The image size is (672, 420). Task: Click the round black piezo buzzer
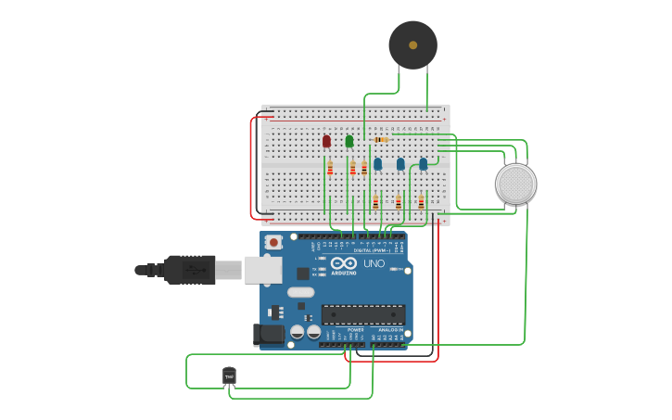412,45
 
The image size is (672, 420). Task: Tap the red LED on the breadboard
326,141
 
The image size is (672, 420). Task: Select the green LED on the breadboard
349,141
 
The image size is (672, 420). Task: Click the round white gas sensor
515,184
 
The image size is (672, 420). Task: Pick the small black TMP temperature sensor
229,375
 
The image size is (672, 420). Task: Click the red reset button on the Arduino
273,242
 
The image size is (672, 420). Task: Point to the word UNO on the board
374,263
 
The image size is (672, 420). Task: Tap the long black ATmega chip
362,314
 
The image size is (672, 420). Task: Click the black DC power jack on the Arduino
269,334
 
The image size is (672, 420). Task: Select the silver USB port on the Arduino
262,270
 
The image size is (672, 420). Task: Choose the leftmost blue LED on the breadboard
377,164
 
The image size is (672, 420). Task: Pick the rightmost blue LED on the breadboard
424,164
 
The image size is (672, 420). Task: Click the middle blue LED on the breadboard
400,164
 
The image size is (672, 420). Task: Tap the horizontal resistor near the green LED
380,139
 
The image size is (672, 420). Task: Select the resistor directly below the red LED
330,168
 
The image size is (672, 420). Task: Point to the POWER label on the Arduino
356,329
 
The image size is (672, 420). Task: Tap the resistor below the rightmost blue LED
421,201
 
